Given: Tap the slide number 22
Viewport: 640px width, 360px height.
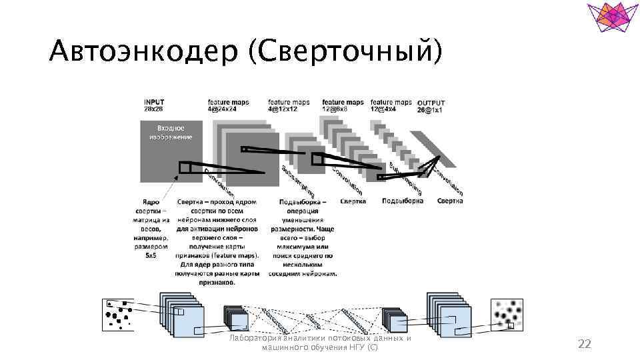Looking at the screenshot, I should [584, 343].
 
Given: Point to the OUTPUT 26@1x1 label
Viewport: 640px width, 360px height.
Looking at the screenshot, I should [431, 106].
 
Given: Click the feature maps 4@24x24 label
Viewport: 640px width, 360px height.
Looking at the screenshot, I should [229, 105].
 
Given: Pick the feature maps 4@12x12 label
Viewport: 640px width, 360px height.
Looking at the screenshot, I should [289, 105].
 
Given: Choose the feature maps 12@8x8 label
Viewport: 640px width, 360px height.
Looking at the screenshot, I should [343, 105].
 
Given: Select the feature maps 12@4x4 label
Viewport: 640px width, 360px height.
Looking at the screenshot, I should [391, 105].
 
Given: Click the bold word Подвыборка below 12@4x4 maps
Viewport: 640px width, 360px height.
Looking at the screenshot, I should [403, 201].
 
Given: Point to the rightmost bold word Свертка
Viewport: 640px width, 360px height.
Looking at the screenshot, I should [450, 201].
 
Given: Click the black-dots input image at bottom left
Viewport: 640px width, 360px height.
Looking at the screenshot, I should [118, 314].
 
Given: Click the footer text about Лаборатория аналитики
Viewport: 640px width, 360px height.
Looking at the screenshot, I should [319, 342].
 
